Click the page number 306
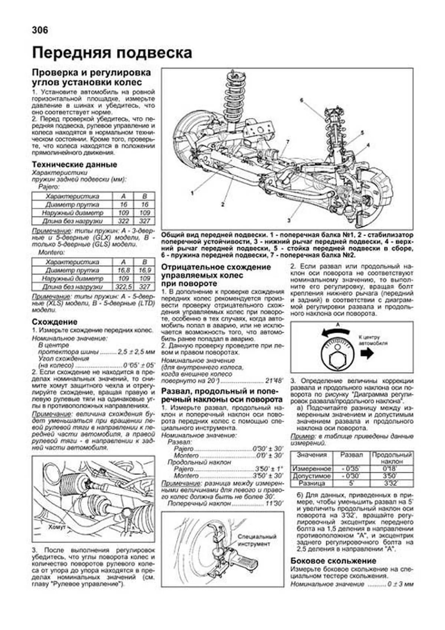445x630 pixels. point(40,30)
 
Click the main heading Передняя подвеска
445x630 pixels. point(112,53)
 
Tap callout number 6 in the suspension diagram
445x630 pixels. point(301,100)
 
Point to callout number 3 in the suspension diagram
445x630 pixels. point(289,220)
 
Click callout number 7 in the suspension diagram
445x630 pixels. point(287,142)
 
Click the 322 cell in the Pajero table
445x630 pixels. point(123,221)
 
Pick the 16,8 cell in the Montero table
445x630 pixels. point(123,270)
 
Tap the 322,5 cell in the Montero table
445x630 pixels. point(123,287)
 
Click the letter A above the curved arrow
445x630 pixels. point(337,324)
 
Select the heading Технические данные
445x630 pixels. point(74,164)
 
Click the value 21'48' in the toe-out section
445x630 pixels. point(274,381)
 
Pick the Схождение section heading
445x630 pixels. point(55,321)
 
